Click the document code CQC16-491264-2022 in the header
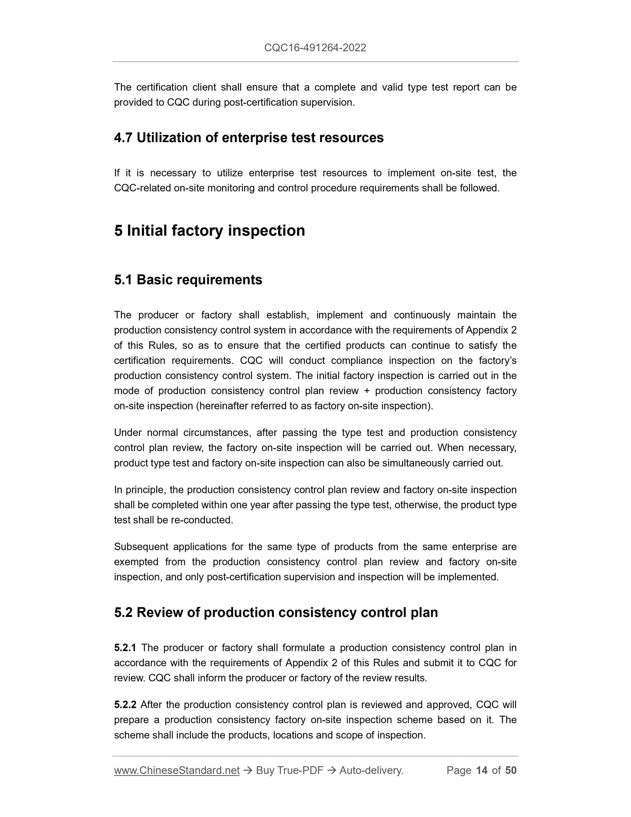click(315, 48)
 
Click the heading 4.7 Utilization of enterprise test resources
click(248, 138)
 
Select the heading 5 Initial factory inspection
click(210, 231)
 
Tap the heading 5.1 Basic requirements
click(188, 280)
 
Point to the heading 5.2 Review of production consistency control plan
click(276, 613)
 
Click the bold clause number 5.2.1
click(125, 647)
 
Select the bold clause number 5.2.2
click(125, 705)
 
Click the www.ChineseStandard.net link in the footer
click(177, 770)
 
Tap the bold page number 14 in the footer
click(482, 770)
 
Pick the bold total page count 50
click(511, 770)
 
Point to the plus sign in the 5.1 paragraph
click(367, 391)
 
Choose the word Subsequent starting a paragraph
click(140, 547)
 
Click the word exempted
click(136, 562)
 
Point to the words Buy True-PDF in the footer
click(290, 770)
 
